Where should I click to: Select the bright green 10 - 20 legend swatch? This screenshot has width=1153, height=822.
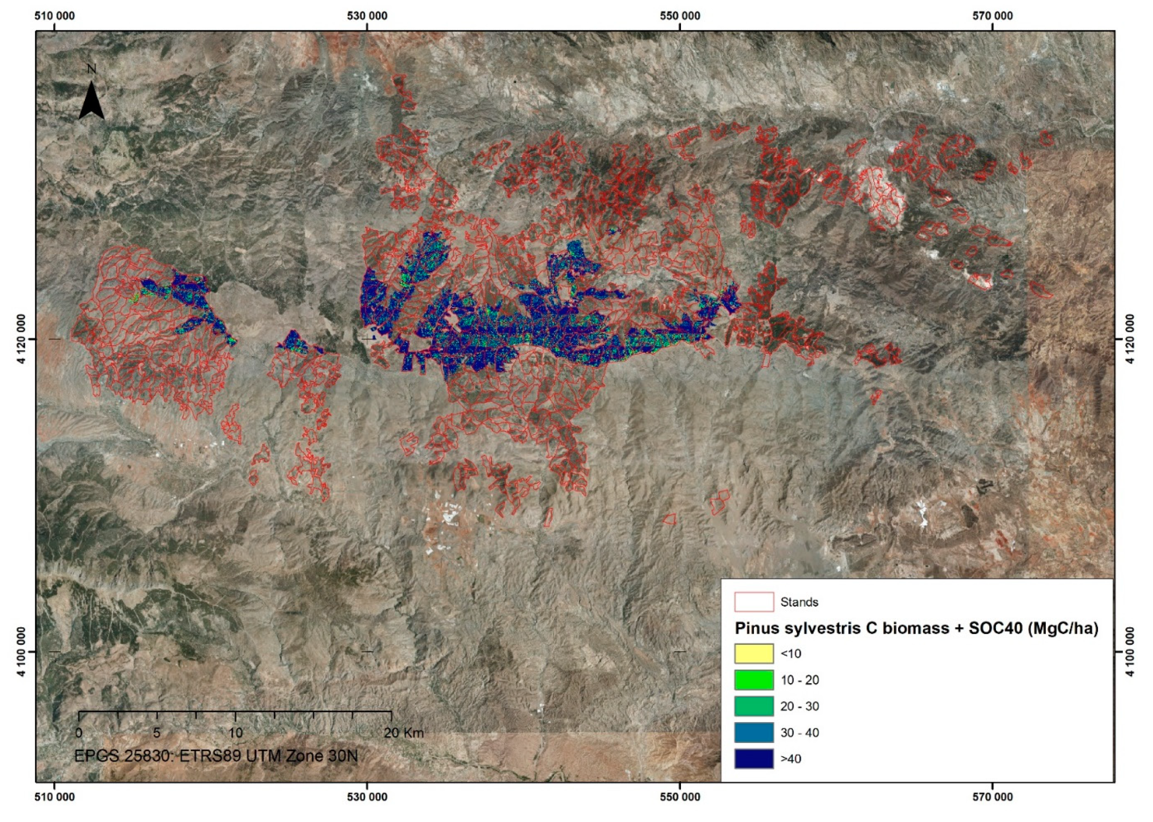754,680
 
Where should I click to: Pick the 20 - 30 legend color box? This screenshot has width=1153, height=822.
754,706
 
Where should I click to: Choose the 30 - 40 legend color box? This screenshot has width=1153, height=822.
754,733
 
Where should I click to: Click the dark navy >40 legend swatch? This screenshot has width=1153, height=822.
754,759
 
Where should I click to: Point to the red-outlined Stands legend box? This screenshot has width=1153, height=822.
754,602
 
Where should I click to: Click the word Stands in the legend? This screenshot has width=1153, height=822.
799,602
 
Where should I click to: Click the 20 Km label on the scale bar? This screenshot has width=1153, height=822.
404,733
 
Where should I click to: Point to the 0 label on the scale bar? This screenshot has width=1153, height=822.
79,733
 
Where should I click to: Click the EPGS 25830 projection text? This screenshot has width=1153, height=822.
216,756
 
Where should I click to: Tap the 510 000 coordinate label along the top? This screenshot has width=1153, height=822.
54,16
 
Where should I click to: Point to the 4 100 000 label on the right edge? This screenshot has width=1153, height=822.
1131,652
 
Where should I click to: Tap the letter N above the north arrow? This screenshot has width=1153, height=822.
91,69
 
